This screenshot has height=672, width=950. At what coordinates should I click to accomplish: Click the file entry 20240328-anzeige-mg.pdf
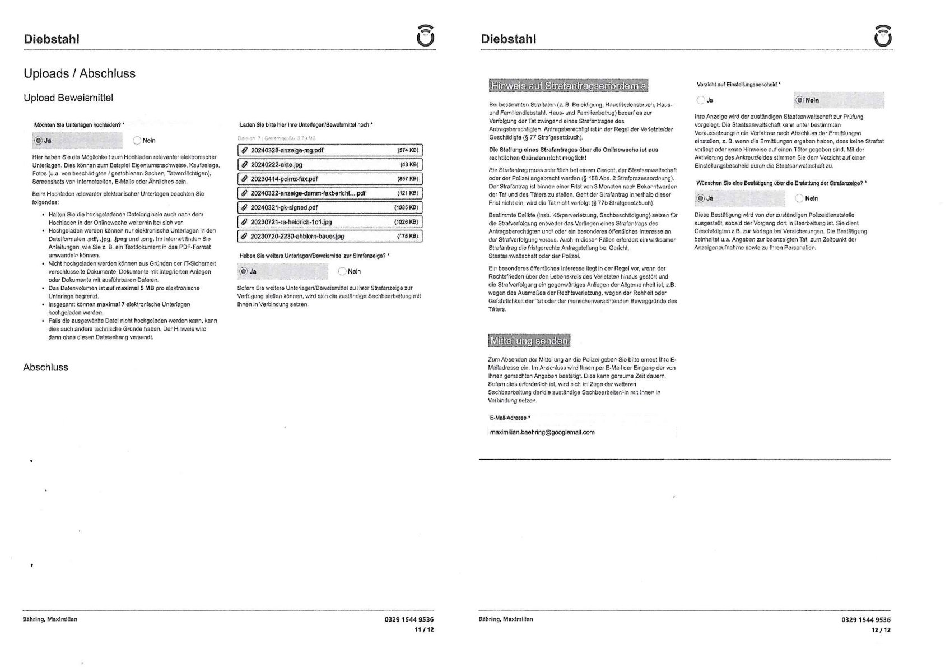(x=287, y=150)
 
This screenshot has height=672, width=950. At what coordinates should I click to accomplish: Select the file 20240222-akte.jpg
(x=276, y=165)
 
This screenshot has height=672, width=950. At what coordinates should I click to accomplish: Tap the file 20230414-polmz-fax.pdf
(x=284, y=179)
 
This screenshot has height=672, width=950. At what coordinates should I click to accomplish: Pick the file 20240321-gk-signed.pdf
(x=284, y=207)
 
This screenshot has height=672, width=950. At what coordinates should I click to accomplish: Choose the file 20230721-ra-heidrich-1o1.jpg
(x=291, y=222)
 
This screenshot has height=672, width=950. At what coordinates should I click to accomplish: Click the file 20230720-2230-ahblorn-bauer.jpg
(x=297, y=237)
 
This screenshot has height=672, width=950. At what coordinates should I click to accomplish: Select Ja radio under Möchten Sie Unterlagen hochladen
(x=39, y=141)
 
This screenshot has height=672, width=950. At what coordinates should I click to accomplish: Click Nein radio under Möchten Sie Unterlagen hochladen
(x=138, y=141)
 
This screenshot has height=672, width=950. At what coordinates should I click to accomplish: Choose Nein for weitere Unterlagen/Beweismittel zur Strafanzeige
(x=342, y=272)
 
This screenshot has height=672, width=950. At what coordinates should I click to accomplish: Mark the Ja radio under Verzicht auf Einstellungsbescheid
(x=701, y=100)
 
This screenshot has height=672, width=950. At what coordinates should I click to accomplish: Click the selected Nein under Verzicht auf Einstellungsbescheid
(x=799, y=100)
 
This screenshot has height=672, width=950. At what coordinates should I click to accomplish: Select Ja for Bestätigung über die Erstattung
(x=701, y=198)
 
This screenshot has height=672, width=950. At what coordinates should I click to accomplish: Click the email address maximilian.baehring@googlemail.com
(x=542, y=433)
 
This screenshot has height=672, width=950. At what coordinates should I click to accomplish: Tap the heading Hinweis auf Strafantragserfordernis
(x=568, y=86)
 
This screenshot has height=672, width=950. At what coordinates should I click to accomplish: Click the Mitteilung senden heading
(x=529, y=341)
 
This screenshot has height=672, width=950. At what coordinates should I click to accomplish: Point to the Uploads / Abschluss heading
(x=80, y=73)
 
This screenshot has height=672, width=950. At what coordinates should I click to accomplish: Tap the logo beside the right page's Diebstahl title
(x=882, y=36)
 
